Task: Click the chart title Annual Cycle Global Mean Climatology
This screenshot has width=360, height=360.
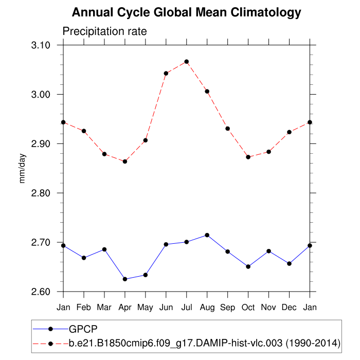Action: tap(186, 12)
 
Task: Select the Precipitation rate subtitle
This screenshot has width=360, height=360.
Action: tap(104, 31)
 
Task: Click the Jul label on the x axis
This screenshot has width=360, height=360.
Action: tap(187, 307)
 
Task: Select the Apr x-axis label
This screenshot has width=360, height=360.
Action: tap(125, 307)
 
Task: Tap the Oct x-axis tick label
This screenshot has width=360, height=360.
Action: tap(248, 307)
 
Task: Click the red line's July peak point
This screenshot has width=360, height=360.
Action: tap(187, 62)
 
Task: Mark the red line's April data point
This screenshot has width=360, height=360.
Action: tap(125, 161)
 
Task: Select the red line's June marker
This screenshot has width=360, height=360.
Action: tap(166, 74)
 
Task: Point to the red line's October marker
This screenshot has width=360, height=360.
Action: tap(248, 157)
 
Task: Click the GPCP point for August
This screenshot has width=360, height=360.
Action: tap(207, 235)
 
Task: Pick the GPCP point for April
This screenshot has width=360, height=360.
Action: tap(125, 279)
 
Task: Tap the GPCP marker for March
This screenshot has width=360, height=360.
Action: tap(104, 249)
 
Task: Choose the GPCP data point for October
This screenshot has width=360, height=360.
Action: tap(248, 266)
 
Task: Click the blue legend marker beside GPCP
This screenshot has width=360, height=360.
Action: tap(50, 329)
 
